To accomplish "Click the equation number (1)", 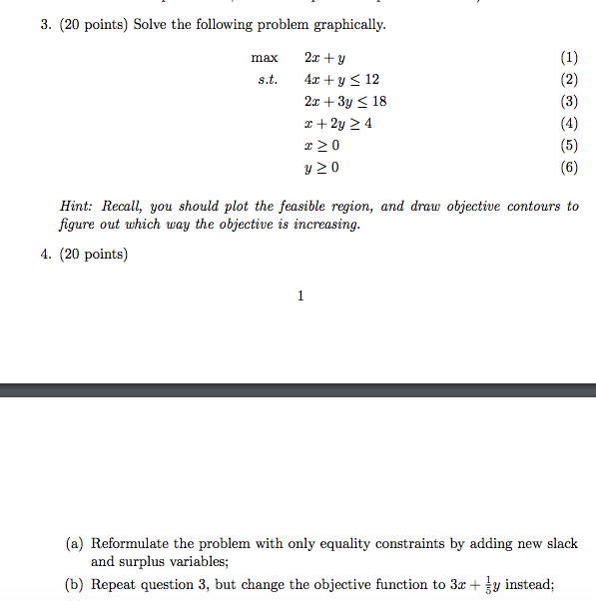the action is point(569,58).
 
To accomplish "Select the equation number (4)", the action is point(569,124).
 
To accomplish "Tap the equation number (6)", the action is point(569,168).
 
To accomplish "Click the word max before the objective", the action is point(265,58).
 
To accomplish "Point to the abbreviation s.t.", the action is point(268,80).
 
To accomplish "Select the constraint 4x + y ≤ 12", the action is point(341,80).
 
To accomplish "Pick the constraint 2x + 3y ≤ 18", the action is point(344,102).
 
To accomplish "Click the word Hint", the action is point(77,207).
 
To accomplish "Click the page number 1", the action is point(300,296).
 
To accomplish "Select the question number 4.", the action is point(46,255).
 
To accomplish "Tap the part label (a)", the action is point(75,544).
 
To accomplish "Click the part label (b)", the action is point(75,585).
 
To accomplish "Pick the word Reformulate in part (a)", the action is point(129,544).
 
